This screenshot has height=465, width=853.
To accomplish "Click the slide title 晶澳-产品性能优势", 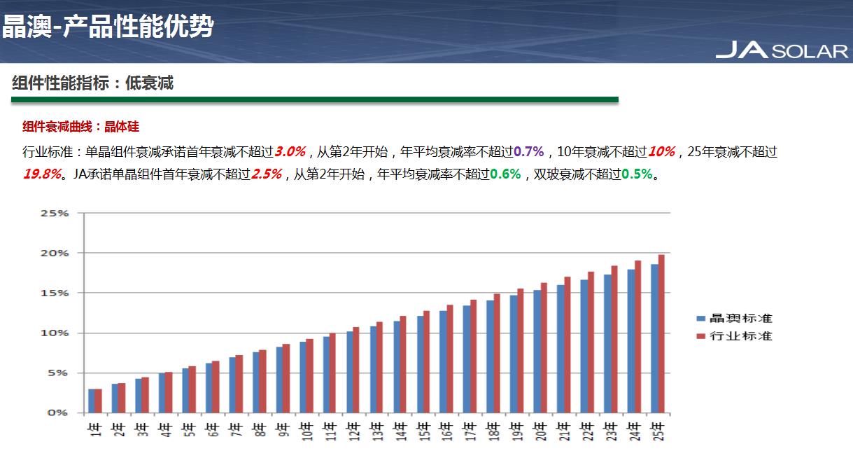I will (107, 27).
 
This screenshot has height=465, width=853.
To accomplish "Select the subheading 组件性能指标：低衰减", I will (92, 83).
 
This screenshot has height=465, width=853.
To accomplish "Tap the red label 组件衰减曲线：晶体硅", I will (80, 127).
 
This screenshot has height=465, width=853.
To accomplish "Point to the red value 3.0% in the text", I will (290, 152).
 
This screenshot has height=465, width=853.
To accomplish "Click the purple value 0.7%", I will (528, 152).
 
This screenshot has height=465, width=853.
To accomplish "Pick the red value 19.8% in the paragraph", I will (41, 174).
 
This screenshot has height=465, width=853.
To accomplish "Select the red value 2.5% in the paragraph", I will (266, 174).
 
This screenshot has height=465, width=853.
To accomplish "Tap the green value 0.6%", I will (505, 174).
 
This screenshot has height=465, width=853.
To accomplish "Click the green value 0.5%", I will (637, 174).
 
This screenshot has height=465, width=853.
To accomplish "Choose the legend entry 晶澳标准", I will (734, 319).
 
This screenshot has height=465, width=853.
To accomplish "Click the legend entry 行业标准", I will (734, 336).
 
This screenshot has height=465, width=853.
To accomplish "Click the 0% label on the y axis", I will (57, 413).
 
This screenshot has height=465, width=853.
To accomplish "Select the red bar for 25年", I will (661, 333).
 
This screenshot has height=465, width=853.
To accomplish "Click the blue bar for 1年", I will (92, 401).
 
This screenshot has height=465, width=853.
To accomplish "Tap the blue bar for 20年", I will (537, 351).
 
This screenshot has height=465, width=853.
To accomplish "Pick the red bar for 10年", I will (310, 375).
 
